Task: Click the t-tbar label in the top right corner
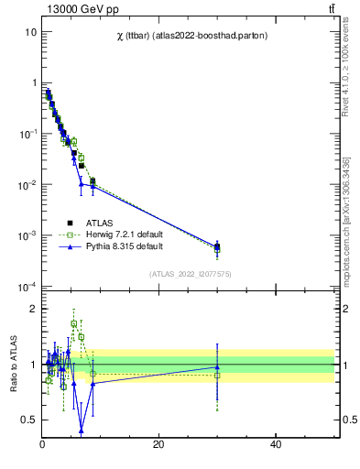(x=332, y=9)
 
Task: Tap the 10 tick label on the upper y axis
(x=31, y=32)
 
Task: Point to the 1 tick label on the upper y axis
(x=34, y=83)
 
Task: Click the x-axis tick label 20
(x=158, y=445)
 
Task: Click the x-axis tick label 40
(x=276, y=445)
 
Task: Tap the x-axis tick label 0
(x=42, y=445)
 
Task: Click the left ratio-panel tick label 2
(x=33, y=309)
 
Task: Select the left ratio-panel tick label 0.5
(x=29, y=420)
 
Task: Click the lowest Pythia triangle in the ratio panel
(x=82, y=431)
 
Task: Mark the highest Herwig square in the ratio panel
(x=74, y=323)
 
